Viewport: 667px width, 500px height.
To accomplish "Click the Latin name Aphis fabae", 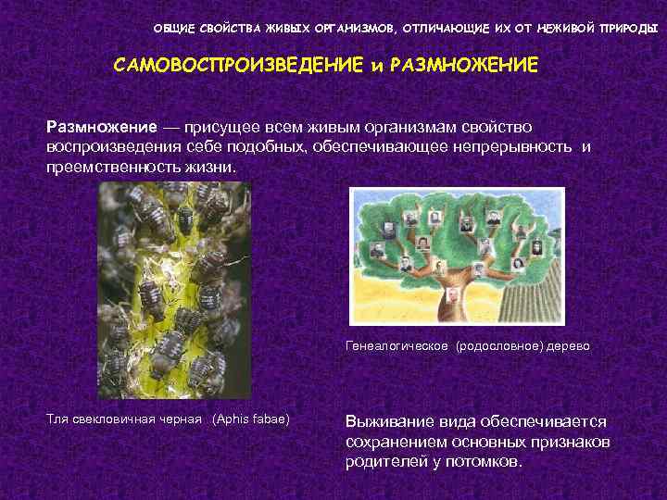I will point(251,419).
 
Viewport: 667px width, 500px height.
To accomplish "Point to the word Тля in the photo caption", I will point(58,419).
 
